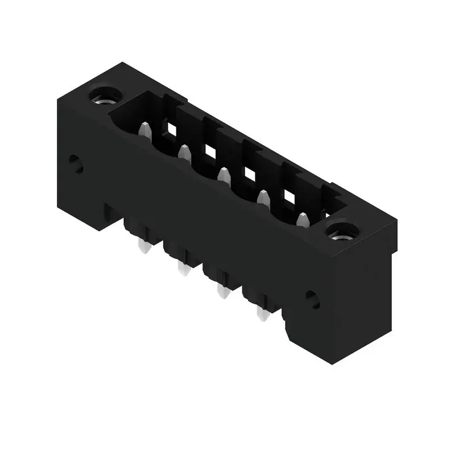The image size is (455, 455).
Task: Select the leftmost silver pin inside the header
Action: tap(144, 130)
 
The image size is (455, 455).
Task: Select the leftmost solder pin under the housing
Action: tap(142, 246)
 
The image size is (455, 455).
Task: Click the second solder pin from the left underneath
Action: tap(183, 268)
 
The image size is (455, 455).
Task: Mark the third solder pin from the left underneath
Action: tap(222, 292)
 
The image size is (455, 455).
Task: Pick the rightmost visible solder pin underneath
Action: tap(262, 314)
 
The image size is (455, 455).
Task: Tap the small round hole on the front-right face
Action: tap(312, 299)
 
